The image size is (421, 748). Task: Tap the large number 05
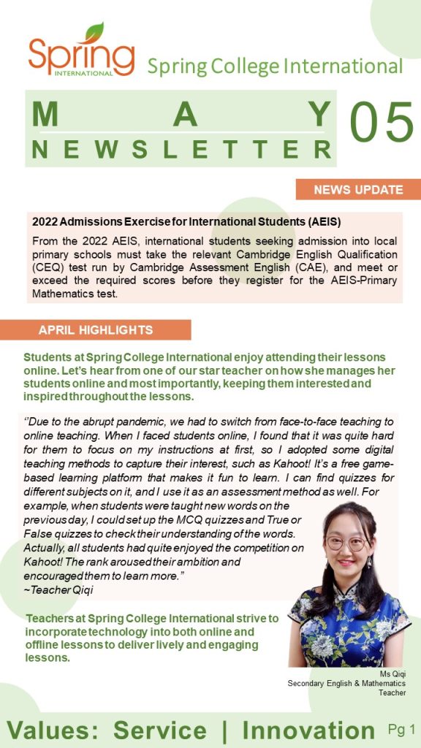pyautogui.click(x=382, y=121)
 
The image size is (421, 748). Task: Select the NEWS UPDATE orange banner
pyautogui.click(x=358, y=190)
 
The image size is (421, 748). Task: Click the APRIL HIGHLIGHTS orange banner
pyautogui.click(x=96, y=329)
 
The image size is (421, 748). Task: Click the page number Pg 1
pyautogui.click(x=401, y=728)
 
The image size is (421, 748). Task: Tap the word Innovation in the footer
pyautogui.click(x=308, y=730)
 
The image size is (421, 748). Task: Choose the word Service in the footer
pyautogui.click(x=160, y=730)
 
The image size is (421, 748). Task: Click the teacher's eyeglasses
pyautogui.click(x=346, y=543)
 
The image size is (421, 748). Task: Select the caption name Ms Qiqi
pyautogui.click(x=392, y=673)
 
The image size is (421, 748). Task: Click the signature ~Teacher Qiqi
pyautogui.click(x=53, y=589)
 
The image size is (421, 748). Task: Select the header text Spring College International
pyautogui.click(x=275, y=66)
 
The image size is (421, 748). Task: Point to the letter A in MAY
pyautogui.click(x=186, y=115)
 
